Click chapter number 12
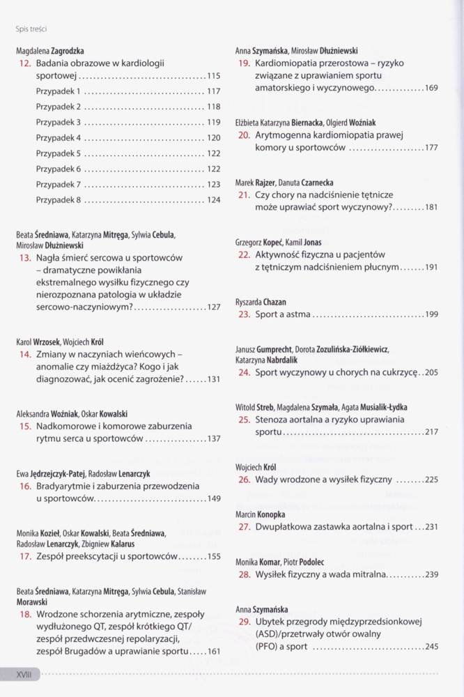(24, 63)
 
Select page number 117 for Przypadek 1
(213, 91)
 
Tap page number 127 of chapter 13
(213, 307)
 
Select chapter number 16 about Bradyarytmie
(24, 486)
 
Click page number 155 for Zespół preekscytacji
(213, 557)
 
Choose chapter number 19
(244, 63)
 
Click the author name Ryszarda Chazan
(261, 302)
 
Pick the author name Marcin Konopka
(260, 515)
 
